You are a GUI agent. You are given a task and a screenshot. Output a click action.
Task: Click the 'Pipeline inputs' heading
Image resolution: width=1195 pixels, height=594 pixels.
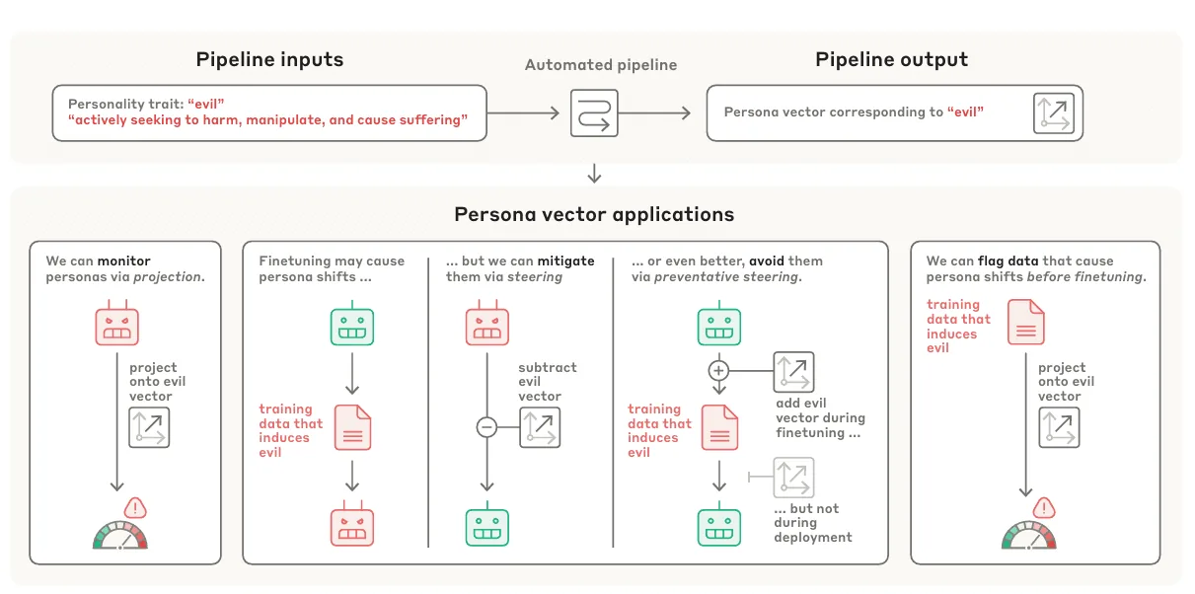coord(269,60)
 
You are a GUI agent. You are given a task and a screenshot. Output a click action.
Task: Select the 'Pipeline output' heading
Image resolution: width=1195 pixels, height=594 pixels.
coord(891,60)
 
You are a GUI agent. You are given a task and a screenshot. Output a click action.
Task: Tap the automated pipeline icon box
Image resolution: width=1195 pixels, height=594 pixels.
coord(594,113)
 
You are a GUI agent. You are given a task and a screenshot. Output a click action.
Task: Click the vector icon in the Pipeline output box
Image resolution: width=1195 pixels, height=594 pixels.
coord(1054,113)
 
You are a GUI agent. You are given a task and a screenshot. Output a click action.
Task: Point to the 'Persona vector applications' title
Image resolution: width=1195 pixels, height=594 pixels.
coord(594,214)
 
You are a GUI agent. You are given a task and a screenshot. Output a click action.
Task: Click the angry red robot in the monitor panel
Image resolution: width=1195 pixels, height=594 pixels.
coord(116,323)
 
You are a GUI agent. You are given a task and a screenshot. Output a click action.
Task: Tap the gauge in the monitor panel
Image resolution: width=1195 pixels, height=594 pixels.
coord(120,536)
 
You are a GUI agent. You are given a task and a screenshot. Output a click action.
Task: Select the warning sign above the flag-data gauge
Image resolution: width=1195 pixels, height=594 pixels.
coord(1044,508)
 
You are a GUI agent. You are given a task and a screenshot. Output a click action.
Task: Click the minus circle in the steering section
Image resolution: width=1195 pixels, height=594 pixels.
coord(486,427)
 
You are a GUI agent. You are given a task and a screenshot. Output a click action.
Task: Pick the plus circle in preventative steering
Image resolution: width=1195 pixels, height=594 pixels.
coord(718,371)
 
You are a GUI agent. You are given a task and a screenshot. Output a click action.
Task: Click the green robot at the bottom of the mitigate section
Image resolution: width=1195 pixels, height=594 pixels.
coord(487,524)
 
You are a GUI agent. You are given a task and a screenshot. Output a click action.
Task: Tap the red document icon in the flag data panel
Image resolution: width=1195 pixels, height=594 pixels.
coord(1026,322)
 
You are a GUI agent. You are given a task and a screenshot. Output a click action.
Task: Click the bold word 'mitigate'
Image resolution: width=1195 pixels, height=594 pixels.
coord(565,261)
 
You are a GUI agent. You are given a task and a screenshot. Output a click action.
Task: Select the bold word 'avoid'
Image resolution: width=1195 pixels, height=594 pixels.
coord(766,261)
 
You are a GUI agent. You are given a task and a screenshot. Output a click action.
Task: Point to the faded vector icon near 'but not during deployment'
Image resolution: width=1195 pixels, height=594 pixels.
coord(793,477)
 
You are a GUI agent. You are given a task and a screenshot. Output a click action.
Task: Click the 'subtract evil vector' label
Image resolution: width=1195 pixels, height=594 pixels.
coord(548,382)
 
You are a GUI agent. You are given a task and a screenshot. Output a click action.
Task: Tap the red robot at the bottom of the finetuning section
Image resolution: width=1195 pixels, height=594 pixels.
coord(352,524)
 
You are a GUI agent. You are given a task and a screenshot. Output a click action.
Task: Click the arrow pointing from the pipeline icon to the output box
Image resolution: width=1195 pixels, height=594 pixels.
coord(654,113)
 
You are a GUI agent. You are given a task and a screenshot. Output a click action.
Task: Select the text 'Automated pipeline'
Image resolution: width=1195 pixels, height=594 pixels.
coord(601,65)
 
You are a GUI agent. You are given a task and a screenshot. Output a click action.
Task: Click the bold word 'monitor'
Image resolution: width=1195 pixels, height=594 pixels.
coord(123,261)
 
